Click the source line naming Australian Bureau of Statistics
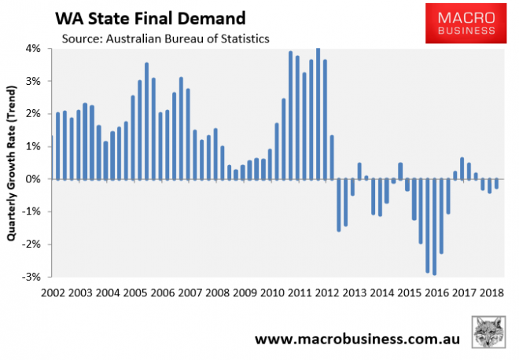point(160,39)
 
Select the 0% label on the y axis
point(34,179)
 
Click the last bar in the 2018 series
point(496,184)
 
